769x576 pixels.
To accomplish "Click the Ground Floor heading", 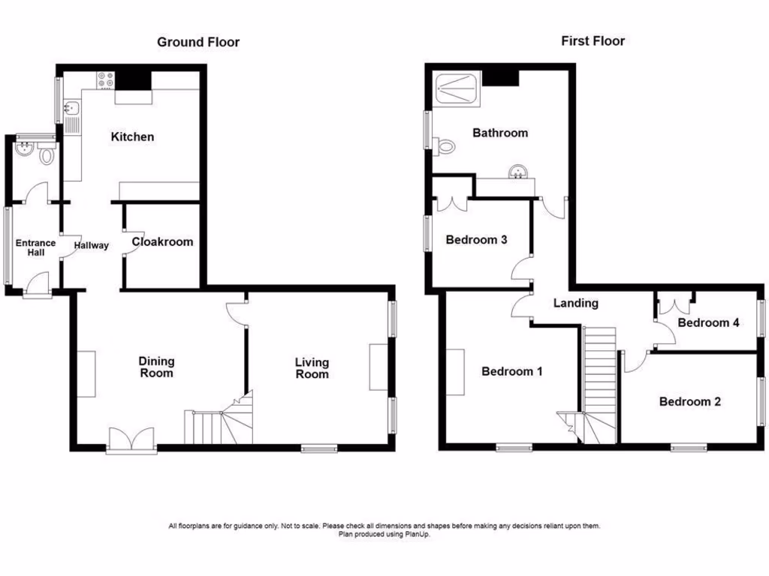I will pyautogui.click(x=198, y=42).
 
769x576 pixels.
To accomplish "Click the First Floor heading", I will pyautogui.click(x=593, y=41).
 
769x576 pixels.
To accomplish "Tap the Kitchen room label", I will pyautogui.click(x=132, y=136).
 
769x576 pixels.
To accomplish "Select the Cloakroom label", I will pyautogui.click(x=162, y=242).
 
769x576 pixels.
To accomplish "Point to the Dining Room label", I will pyautogui.click(x=156, y=367).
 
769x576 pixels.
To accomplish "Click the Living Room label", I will pyautogui.click(x=312, y=368).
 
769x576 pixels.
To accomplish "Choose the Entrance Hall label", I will pyautogui.click(x=36, y=247).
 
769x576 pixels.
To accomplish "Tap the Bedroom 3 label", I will pyautogui.click(x=476, y=240).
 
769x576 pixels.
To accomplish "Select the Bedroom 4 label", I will pyautogui.click(x=708, y=323).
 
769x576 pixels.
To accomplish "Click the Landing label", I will pyautogui.click(x=575, y=303).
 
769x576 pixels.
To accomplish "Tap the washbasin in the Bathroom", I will pyautogui.click(x=517, y=173).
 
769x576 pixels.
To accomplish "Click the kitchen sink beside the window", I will pyautogui.click(x=73, y=116).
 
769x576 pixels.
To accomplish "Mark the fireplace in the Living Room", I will pyautogui.click(x=378, y=367).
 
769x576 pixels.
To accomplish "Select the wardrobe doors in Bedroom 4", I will pyautogui.click(x=674, y=306).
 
